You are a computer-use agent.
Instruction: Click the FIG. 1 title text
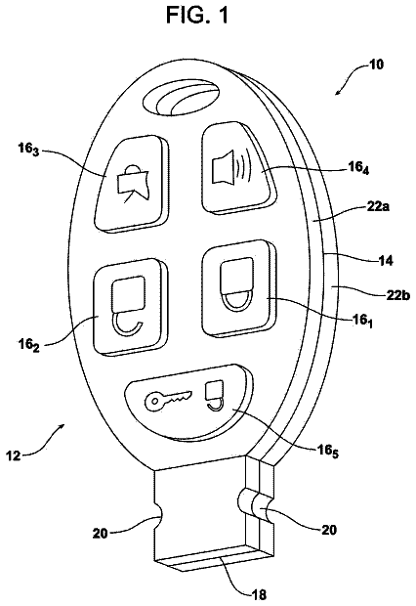[197, 15]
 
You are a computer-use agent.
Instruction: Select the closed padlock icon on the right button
[236, 284]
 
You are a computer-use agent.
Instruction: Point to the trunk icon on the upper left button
[133, 184]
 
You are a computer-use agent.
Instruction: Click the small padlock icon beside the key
[215, 397]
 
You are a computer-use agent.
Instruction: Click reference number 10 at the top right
[375, 65]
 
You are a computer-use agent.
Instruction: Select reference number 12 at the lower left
[14, 455]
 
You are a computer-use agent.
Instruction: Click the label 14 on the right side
[384, 261]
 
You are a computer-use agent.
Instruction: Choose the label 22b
[397, 295]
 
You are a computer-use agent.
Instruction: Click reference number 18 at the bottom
[258, 594]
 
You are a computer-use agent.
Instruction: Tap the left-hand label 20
[101, 534]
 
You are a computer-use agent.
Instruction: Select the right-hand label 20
[329, 530]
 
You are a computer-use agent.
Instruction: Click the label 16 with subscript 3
[28, 150]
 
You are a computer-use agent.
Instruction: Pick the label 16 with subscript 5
[327, 451]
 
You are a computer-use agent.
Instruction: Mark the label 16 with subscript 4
[358, 168]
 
